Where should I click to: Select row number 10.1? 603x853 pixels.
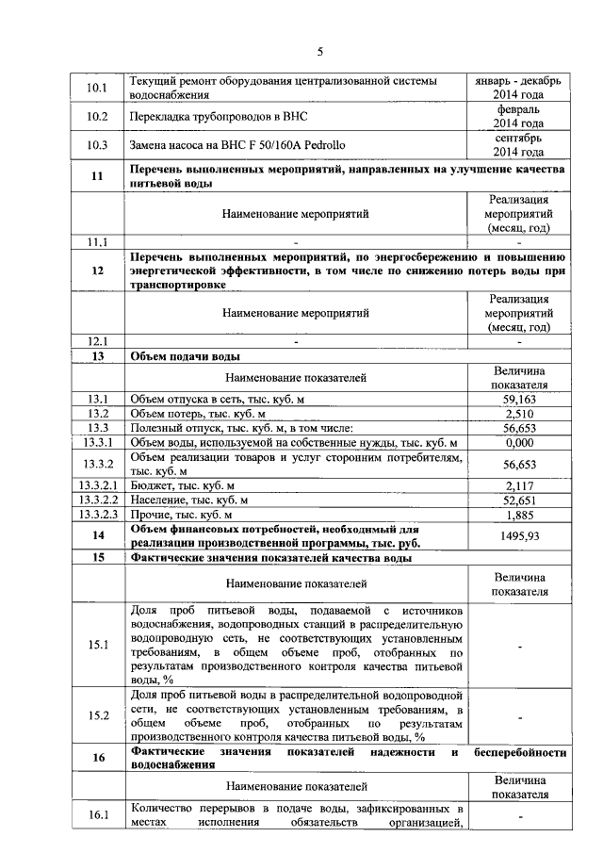point(98,89)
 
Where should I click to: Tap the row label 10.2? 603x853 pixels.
point(98,117)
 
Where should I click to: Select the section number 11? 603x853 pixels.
point(98,176)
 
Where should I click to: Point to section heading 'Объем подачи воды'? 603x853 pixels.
point(185,357)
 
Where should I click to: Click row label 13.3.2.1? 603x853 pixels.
point(98,485)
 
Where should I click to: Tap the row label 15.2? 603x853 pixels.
point(98,715)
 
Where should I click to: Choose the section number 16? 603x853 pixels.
point(98,759)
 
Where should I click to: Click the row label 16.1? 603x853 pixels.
point(98,816)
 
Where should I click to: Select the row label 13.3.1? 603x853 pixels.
point(98,443)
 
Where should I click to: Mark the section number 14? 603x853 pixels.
point(98,535)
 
